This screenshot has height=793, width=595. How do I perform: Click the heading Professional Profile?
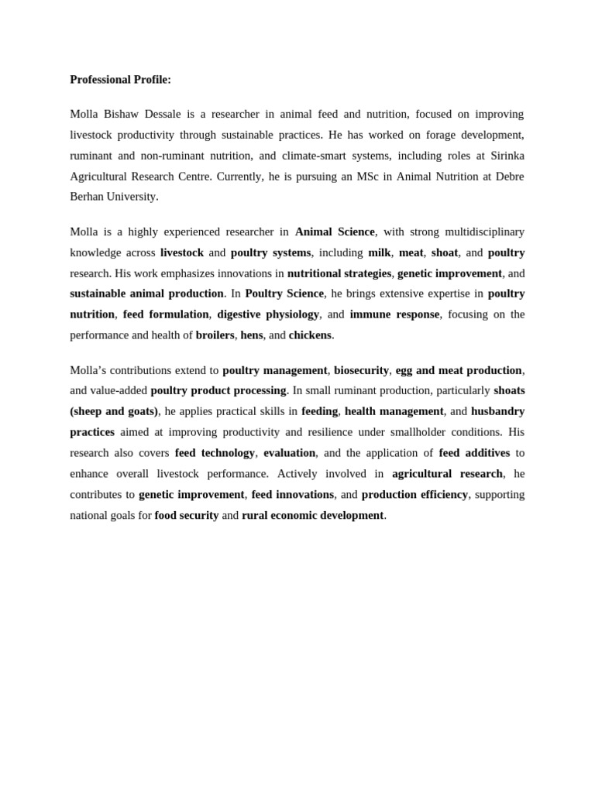coord(120,79)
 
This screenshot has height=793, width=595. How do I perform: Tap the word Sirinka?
coord(505,156)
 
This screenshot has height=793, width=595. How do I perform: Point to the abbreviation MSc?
coord(353,177)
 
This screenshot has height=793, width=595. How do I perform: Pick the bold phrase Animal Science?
coord(335,232)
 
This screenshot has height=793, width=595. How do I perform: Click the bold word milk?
coord(380,252)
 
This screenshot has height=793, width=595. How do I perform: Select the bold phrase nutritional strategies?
coord(339,273)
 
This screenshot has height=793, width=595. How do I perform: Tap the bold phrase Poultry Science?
coord(284,294)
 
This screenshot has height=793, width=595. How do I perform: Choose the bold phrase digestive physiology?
coord(268,314)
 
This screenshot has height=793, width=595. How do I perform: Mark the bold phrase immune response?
coord(394,314)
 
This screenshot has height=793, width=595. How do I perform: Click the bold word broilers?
coord(215,335)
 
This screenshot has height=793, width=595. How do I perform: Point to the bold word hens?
coord(252,335)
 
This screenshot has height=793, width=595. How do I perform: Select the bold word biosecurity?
coord(361,370)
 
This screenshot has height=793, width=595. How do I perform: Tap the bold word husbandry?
coord(498,411)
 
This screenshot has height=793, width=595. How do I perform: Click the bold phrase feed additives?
coord(474,452)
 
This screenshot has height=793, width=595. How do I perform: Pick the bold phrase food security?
coord(187,515)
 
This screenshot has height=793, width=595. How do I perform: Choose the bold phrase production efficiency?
coord(414,494)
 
